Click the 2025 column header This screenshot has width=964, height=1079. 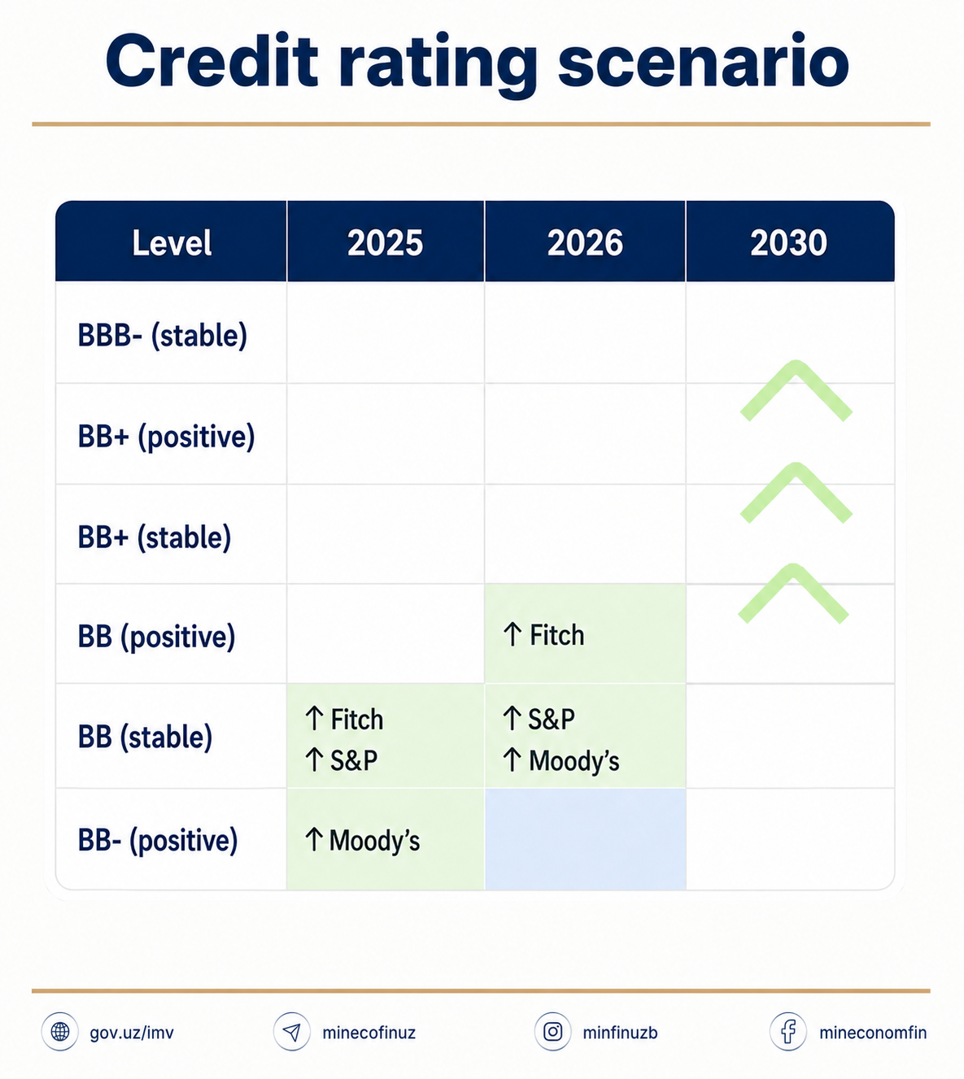pyautogui.click(x=385, y=243)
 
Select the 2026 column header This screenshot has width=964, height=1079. pyautogui.click(x=585, y=243)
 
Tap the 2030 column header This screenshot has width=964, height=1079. pyautogui.click(x=788, y=243)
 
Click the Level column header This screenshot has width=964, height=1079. pyautogui.click(x=172, y=243)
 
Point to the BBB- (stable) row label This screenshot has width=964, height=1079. pyautogui.click(x=163, y=336)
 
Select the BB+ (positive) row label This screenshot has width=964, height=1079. pyautogui.click(x=166, y=437)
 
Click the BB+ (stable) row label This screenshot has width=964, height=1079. pyautogui.click(x=155, y=537)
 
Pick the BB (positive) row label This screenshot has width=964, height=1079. pyautogui.click(x=157, y=637)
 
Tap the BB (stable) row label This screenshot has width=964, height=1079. pyautogui.click(x=145, y=737)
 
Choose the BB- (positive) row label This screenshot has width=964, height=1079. pyautogui.click(x=158, y=841)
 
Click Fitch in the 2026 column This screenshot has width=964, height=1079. pyautogui.click(x=557, y=635)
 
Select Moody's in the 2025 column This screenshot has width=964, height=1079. pyautogui.click(x=375, y=841)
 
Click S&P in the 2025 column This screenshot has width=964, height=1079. pyautogui.click(x=354, y=760)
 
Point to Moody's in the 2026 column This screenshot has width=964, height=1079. pyautogui.click(x=574, y=760)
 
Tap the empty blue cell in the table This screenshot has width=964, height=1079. pyautogui.click(x=585, y=839)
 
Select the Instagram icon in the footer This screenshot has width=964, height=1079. pyautogui.click(x=552, y=1032)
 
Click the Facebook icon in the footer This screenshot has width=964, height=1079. pyautogui.click(x=787, y=1032)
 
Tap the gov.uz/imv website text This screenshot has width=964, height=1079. pyautogui.click(x=132, y=1033)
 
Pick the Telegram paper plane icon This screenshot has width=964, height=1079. pyautogui.click(x=291, y=1032)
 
